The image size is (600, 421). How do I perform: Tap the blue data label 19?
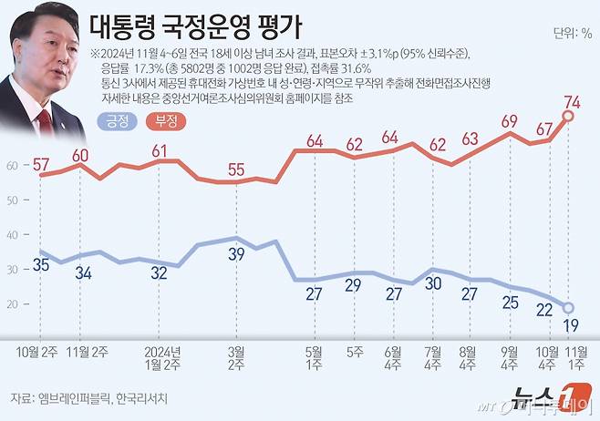click(x=568, y=325)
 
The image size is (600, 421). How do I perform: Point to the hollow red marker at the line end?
click(x=568, y=116)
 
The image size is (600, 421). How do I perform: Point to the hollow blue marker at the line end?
click(x=567, y=308)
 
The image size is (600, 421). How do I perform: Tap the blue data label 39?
click(x=236, y=253)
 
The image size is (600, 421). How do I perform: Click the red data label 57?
click(x=41, y=164)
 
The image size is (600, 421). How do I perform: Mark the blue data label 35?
click(x=40, y=265)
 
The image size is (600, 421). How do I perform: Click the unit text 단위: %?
click(x=572, y=34)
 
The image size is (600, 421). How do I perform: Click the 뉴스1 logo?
click(x=547, y=395)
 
